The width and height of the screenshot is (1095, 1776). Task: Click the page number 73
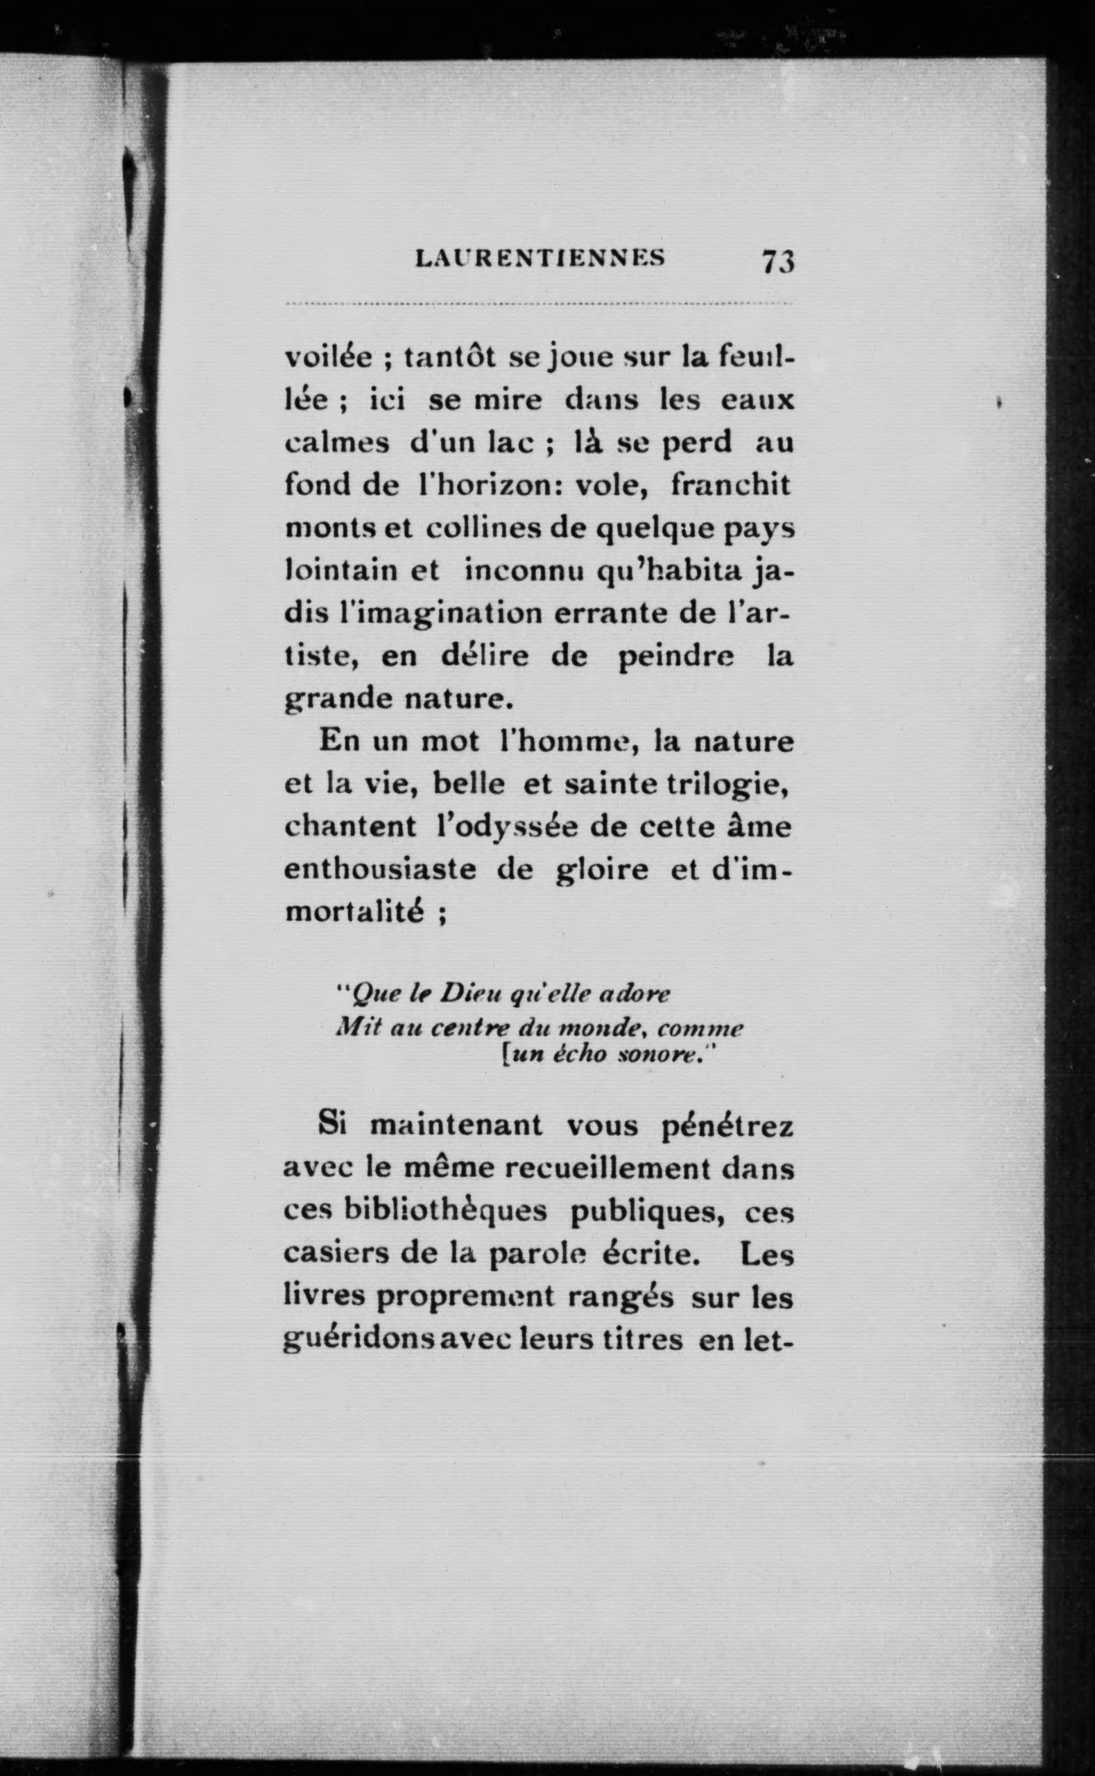(x=778, y=260)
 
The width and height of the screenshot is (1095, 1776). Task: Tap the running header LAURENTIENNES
(x=540, y=259)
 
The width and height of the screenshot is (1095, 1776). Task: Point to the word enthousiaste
(x=380, y=869)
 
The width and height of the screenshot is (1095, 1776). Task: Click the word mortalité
(x=354, y=912)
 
